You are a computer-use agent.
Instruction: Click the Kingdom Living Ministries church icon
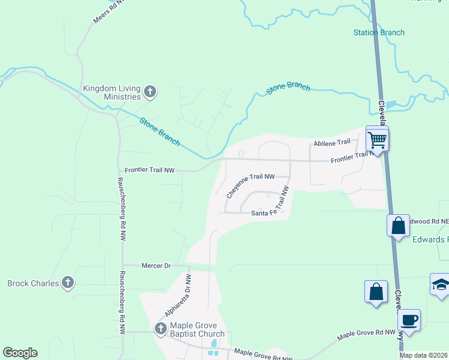(150, 92)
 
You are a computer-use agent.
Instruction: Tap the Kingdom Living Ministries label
(112, 92)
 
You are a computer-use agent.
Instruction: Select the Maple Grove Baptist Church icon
(160, 328)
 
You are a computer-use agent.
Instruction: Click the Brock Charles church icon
(68, 282)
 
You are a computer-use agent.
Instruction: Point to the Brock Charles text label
(32, 283)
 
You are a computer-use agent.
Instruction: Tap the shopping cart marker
(377, 140)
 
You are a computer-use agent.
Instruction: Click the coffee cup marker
(409, 319)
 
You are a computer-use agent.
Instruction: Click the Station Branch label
(379, 32)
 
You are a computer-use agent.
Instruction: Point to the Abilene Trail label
(331, 142)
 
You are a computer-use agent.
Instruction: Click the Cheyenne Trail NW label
(250, 184)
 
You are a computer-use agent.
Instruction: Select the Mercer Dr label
(156, 265)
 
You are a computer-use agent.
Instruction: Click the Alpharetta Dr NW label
(178, 296)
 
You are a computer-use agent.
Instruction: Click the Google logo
(20, 353)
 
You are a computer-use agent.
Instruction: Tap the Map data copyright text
(423, 355)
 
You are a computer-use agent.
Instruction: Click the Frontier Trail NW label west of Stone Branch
(149, 170)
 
